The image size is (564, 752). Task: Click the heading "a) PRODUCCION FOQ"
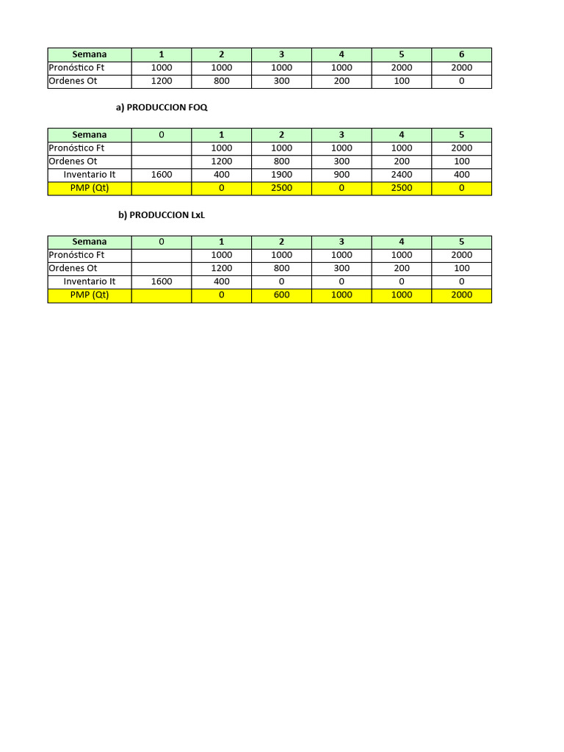162,107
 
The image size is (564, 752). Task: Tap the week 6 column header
461,54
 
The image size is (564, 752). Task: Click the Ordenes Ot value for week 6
461,81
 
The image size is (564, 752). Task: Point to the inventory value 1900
281,175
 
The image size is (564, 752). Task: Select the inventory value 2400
401,175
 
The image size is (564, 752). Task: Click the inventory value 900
341,175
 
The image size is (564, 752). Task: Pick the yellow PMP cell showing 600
281,295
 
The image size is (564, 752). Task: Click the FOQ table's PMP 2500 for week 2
281,188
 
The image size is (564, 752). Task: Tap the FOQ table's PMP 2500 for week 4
401,188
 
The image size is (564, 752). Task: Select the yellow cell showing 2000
461,295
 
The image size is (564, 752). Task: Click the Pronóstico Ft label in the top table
76,68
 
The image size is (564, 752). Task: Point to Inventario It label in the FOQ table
90,175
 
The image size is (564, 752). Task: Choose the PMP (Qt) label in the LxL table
90,295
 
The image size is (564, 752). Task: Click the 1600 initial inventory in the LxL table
162,282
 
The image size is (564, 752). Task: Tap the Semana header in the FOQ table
90,135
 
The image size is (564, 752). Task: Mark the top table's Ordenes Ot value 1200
162,81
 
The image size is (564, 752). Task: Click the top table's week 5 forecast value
401,68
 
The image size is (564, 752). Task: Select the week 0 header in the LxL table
162,242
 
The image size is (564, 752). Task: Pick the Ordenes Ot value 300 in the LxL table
341,269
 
